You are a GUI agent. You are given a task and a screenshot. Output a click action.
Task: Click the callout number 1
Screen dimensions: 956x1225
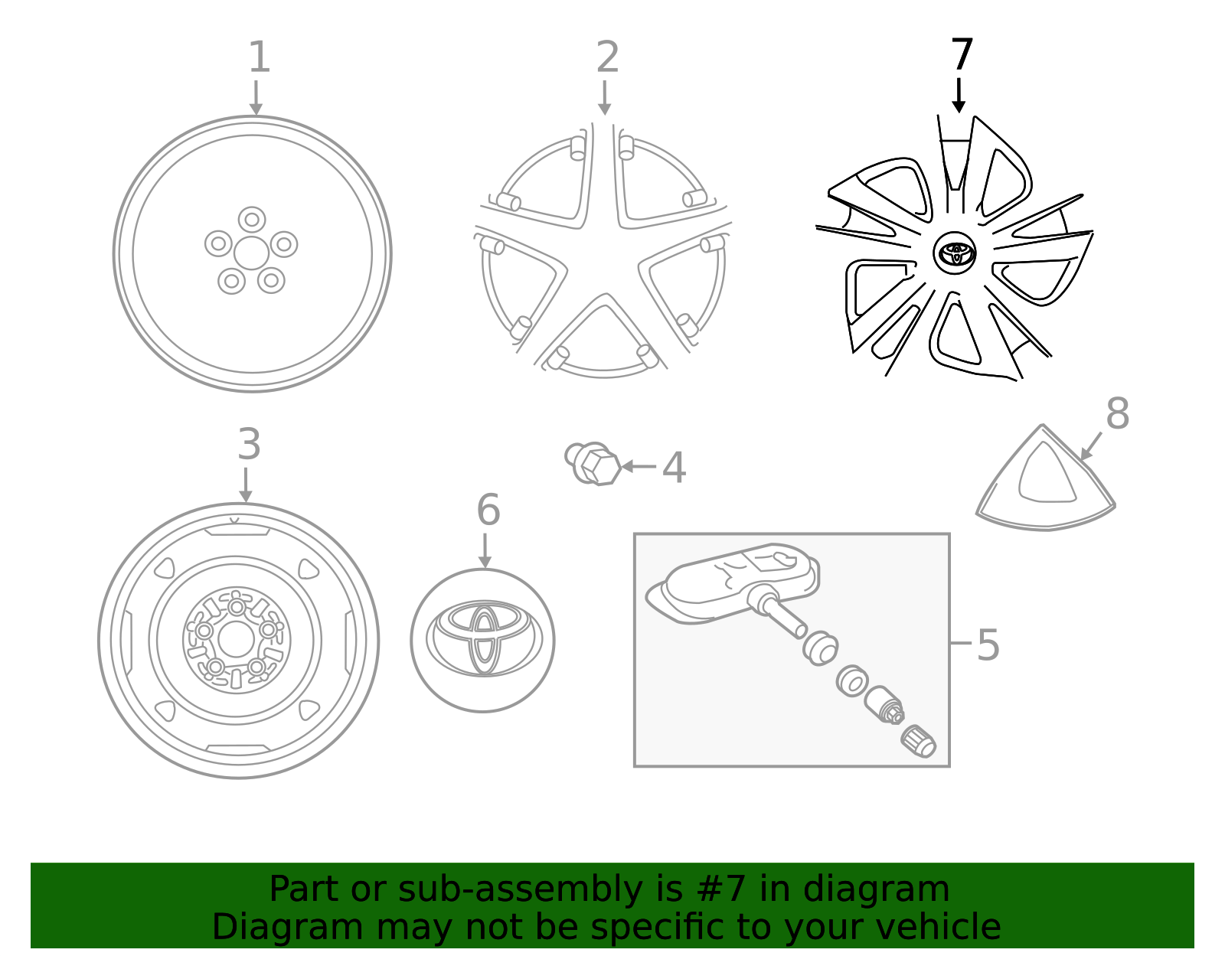260,58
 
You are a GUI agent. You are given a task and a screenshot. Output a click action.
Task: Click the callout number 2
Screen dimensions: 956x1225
607,58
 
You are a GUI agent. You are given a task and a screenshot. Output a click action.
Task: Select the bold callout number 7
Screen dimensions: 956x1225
962,56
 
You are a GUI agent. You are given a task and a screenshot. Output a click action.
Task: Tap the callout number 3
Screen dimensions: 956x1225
249,445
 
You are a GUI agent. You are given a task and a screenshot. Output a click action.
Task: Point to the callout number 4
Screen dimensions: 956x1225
674,468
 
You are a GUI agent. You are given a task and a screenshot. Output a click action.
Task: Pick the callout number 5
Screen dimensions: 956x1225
988,644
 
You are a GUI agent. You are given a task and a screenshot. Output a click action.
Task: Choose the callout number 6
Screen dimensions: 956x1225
488,511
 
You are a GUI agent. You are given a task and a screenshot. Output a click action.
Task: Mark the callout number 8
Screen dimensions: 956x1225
1117,414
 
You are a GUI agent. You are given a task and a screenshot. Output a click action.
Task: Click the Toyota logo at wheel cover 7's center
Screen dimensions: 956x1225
955,253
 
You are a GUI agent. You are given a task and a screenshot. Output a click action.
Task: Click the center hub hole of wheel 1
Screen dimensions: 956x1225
251,253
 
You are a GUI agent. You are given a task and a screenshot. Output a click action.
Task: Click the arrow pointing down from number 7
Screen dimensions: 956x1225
959,96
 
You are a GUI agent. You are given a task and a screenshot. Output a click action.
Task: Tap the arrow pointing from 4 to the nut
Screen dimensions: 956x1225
639,466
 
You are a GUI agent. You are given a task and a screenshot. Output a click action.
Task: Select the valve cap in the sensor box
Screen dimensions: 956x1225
918,741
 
